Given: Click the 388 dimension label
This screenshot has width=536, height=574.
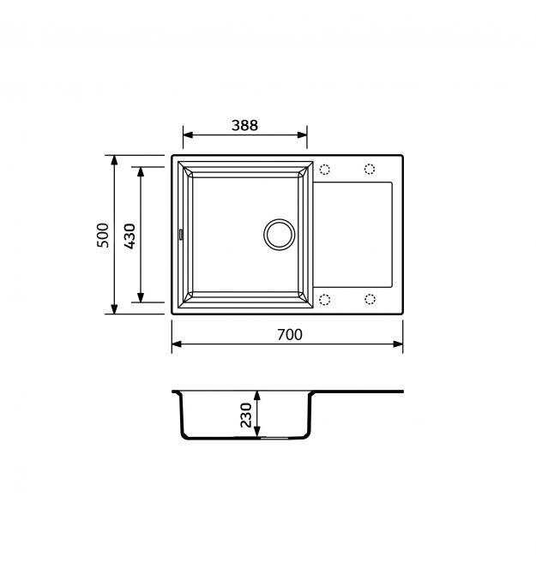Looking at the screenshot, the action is (x=244, y=125).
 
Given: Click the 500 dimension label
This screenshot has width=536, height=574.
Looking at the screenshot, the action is (x=103, y=235).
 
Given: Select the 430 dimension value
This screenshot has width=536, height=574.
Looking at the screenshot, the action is (x=129, y=236).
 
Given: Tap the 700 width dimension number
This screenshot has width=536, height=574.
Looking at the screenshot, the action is (x=289, y=335).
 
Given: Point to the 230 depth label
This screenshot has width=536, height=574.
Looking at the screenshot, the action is (x=246, y=415).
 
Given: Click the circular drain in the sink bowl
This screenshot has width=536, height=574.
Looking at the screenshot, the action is (x=280, y=234).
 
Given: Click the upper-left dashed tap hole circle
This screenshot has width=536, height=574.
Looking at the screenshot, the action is (x=325, y=170).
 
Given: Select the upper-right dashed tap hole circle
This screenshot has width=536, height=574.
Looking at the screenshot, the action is (x=370, y=169).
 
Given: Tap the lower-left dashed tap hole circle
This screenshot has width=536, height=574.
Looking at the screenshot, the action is (x=325, y=300).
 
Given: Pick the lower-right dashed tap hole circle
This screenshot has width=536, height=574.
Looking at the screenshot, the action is (x=370, y=299).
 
